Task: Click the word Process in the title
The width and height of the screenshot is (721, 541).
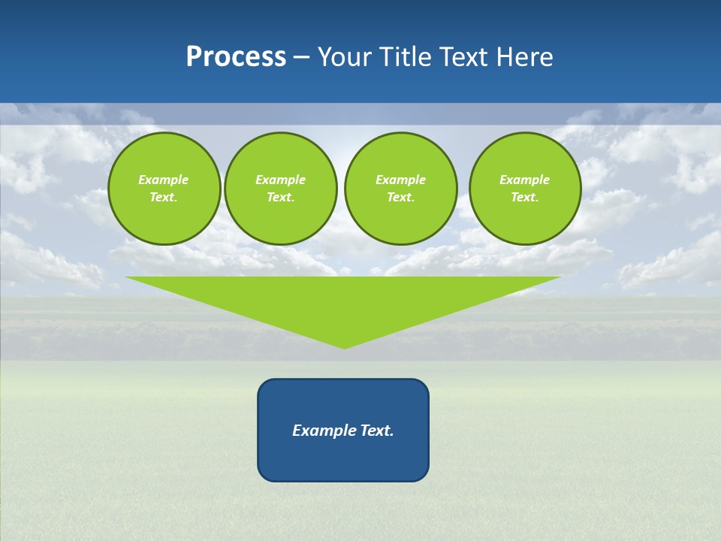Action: tap(236, 57)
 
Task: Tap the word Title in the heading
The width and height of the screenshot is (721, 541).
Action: tap(406, 57)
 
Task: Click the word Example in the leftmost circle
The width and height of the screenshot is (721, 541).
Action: tap(164, 180)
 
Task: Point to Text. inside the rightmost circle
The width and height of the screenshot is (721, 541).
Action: tap(524, 198)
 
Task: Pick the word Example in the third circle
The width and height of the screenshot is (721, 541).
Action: tap(400, 180)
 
